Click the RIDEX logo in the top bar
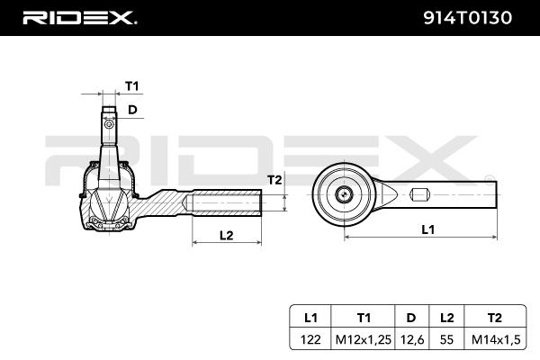tap(79, 17)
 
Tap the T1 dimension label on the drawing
tap(131, 86)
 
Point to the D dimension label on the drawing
tap(131, 110)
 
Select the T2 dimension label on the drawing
tap(274, 180)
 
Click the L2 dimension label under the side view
tap(227, 235)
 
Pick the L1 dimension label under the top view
tap(428, 229)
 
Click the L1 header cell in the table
tap(310, 318)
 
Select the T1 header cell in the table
tap(364, 318)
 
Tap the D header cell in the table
tap(410, 318)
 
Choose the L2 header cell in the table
tap(445, 318)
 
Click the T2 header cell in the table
tap(490, 318)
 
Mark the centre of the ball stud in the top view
tap(344, 193)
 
